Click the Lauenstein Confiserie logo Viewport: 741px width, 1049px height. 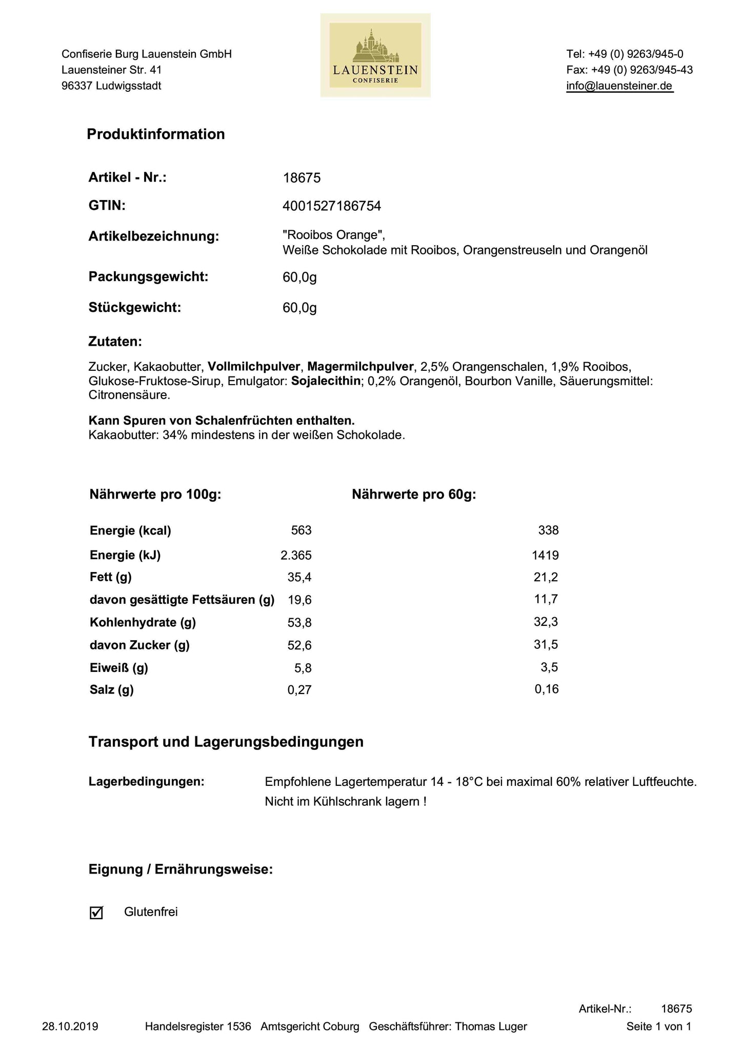(x=375, y=55)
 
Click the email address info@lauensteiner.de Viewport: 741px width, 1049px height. (x=619, y=86)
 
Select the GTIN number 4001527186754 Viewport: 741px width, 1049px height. (x=332, y=206)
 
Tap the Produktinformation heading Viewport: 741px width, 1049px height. (x=156, y=134)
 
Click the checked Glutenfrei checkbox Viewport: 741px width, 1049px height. (x=96, y=913)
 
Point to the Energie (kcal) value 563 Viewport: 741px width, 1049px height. (x=301, y=530)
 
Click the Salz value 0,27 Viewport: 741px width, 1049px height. (x=299, y=690)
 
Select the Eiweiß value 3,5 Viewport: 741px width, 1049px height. (x=550, y=667)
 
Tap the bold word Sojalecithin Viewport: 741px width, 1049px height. (x=326, y=381)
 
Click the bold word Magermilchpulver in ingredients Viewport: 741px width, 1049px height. (x=361, y=367)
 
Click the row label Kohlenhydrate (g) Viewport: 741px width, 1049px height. (x=143, y=623)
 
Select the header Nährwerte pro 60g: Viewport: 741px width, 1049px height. (x=414, y=495)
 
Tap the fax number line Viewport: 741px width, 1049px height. (x=630, y=70)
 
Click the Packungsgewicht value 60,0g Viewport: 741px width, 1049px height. (x=299, y=278)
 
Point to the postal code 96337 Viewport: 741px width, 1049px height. (x=77, y=86)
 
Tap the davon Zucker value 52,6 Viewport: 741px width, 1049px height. (x=299, y=645)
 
